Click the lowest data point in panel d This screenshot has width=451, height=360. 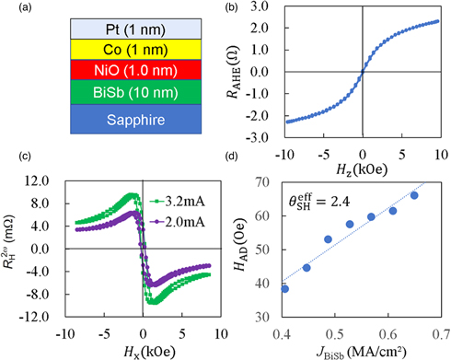coord(310,288)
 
